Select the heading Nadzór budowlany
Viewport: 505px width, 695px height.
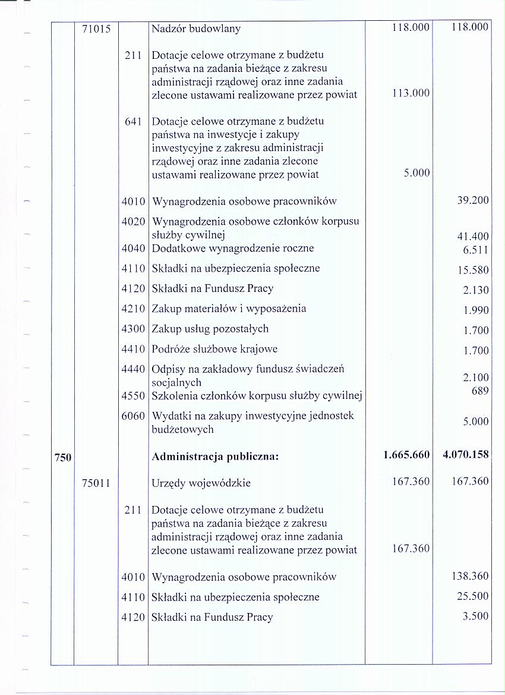click(196, 28)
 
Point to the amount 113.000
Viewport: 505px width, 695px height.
click(410, 93)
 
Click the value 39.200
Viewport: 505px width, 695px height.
click(472, 201)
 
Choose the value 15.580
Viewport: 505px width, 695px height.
click(472, 271)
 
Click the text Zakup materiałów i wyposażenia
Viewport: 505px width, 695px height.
click(229, 309)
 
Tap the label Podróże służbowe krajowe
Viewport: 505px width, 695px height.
click(214, 349)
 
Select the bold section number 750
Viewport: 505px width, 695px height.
click(63, 457)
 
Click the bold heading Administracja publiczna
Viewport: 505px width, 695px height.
click(215, 457)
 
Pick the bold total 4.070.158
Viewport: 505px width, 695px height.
click(466, 455)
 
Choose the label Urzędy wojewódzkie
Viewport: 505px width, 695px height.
click(201, 483)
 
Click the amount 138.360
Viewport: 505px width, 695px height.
click(470, 576)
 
